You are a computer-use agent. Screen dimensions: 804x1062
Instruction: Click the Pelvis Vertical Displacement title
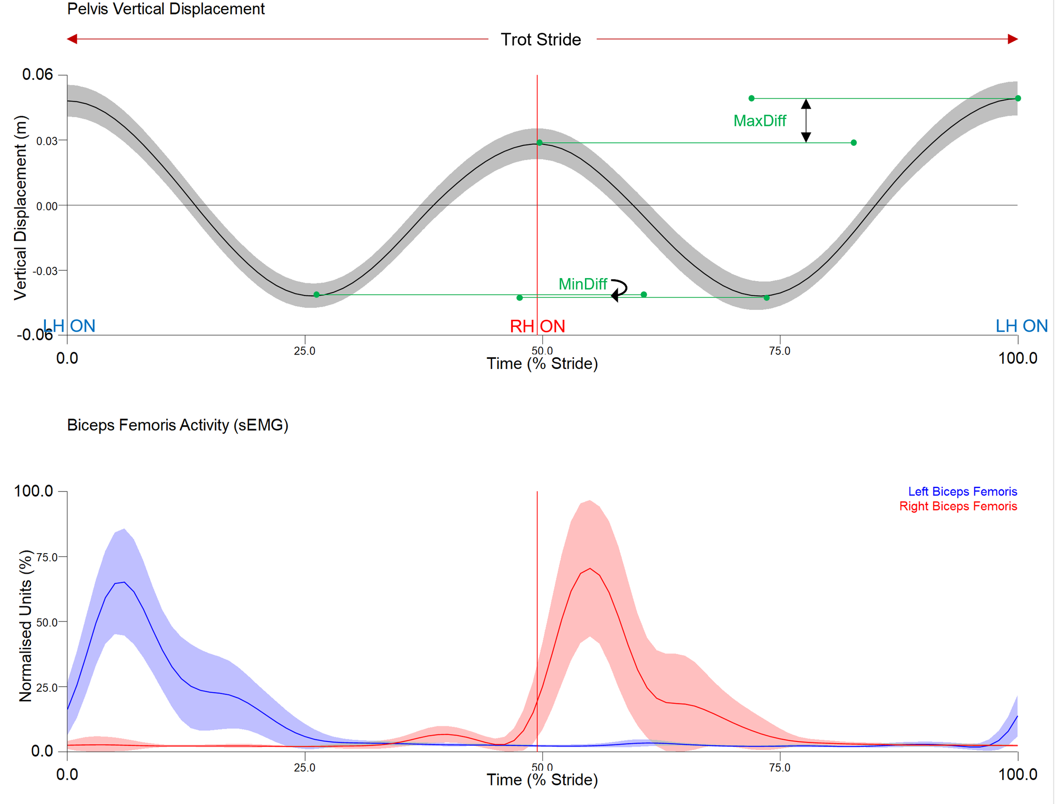(166, 9)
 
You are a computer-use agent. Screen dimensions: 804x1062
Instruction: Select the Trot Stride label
(541, 40)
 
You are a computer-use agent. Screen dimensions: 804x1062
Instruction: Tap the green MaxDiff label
(760, 121)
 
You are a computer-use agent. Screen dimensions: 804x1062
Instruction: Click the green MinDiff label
(582, 284)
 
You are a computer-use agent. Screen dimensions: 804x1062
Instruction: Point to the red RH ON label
(537, 326)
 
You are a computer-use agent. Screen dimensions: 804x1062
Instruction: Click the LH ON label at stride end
(1021, 326)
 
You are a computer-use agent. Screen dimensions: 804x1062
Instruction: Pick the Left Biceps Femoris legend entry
(962, 491)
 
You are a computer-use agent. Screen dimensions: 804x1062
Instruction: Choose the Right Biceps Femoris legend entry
(958, 506)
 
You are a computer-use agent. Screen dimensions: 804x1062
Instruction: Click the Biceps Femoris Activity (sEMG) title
(178, 425)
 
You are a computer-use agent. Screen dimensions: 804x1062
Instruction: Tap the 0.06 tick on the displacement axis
(37, 74)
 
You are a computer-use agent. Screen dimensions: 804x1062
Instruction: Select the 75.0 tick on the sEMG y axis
(47, 557)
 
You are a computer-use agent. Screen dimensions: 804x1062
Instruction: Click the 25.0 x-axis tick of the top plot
(305, 351)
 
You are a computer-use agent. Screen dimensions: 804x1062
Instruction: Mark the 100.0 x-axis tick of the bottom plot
(1017, 774)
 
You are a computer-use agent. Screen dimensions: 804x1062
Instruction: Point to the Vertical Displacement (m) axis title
(20, 207)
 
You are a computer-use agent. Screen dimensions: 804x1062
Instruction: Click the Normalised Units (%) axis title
(25, 626)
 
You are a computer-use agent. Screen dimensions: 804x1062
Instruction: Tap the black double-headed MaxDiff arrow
(806, 121)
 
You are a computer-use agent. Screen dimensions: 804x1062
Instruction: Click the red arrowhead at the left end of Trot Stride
(72, 39)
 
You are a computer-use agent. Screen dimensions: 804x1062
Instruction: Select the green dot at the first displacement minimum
(316, 295)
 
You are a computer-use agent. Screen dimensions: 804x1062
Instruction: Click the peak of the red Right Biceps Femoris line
(590, 568)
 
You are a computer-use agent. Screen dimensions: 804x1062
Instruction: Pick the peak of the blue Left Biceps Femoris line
(124, 582)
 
